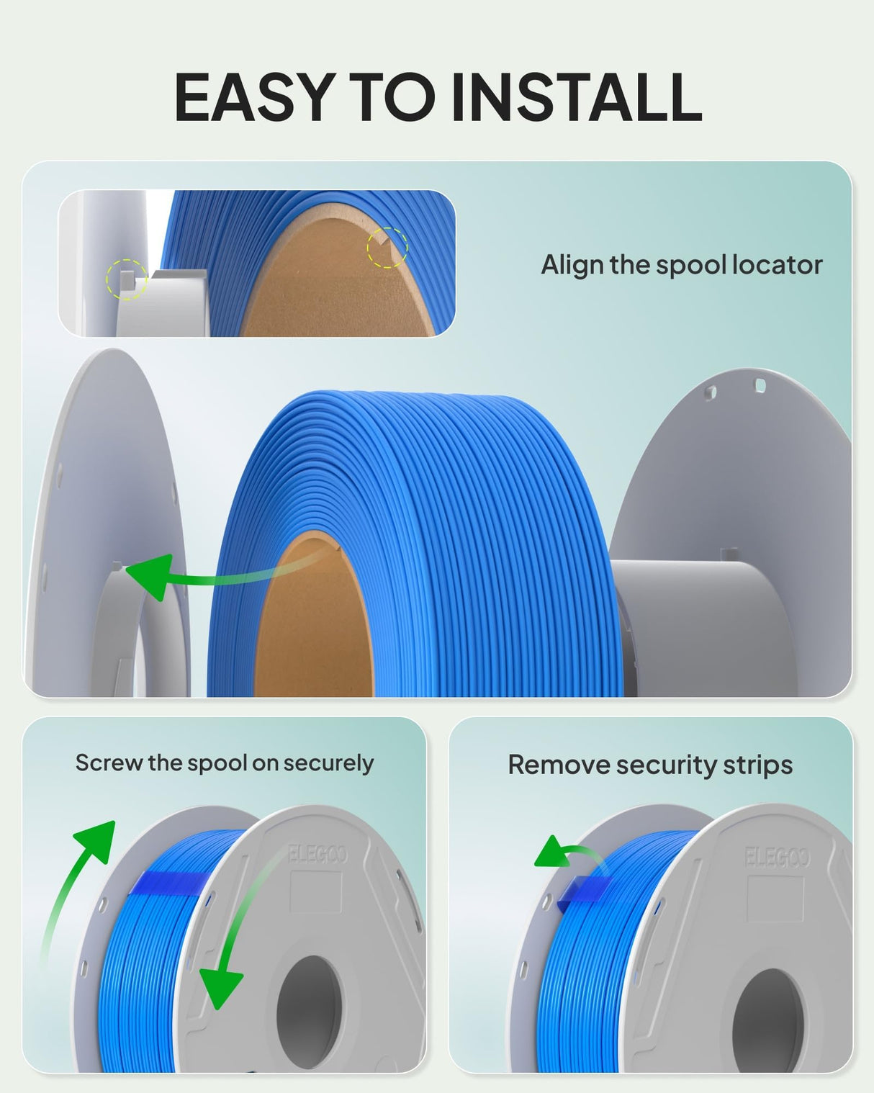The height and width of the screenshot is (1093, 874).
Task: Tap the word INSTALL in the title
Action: [x=576, y=96]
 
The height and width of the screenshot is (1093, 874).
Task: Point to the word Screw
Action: [x=109, y=763]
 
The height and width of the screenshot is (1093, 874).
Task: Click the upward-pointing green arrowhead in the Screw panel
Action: [x=96, y=841]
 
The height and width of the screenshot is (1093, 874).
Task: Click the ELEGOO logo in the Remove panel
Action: [x=777, y=858]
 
